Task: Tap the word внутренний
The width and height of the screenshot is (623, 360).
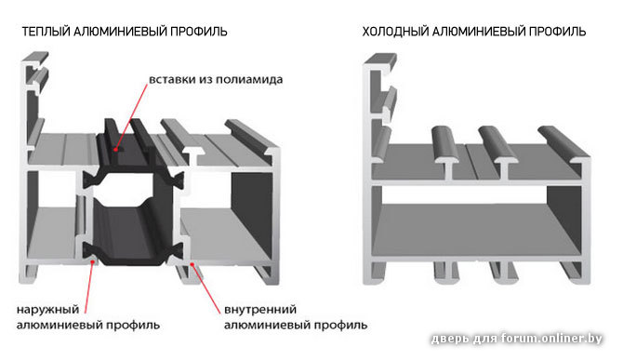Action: click(260, 310)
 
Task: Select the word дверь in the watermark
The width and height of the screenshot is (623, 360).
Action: click(451, 339)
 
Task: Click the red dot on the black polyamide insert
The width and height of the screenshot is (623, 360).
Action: click(115, 150)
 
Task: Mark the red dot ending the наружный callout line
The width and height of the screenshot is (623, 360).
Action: click(93, 261)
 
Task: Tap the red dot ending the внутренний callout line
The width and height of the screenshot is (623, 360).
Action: click(192, 263)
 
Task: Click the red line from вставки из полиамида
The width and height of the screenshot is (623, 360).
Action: click(131, 116)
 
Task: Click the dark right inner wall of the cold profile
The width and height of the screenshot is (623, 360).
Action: click(564, 219)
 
